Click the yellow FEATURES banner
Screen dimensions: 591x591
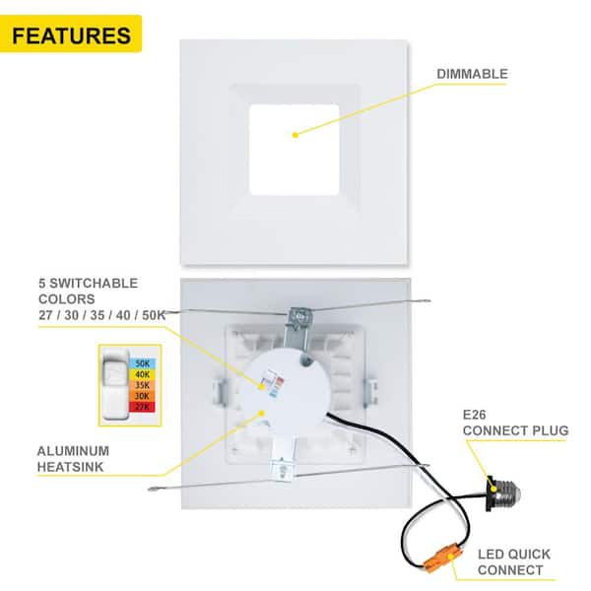71,35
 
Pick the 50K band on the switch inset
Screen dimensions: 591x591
142,363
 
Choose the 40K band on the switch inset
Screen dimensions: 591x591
142,375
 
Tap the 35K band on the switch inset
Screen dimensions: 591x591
142,386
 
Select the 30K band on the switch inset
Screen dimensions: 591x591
142,397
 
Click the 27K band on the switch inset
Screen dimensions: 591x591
142,408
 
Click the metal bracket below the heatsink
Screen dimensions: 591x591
282,469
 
